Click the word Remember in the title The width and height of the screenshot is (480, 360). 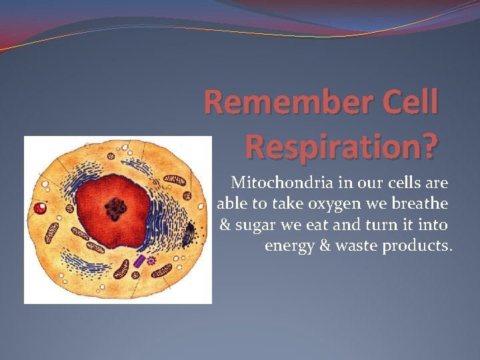click(x=279, y=103)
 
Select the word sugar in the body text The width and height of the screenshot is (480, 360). click(x=254, y=225)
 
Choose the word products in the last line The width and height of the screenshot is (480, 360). click(x=417, y=246)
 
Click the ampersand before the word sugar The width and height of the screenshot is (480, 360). click(x=225, y=225)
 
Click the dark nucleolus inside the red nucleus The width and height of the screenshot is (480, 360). click(x=117, y=209)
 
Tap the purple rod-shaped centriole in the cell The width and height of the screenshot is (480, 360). click(x=139, y=261)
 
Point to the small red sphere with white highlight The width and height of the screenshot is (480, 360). click(x=41, y=208)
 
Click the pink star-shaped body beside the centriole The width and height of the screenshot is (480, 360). click(x=151, y=261)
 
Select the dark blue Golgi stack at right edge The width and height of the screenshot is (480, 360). click(x=189, y=233)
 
